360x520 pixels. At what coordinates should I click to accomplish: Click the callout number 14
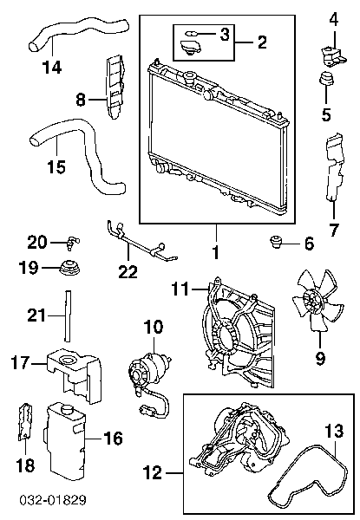click(52, 68)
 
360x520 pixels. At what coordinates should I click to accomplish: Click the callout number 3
click(225, 34)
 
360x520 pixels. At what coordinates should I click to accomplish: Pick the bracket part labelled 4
click(333, 56)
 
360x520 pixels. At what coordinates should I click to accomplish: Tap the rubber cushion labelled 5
click(326, 79)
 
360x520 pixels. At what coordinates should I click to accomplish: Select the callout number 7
click(333, 230)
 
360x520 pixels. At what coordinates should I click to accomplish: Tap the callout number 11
click(180, 289)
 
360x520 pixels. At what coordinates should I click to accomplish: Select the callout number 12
click(153, 472)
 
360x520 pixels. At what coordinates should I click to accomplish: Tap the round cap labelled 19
click(70, 267)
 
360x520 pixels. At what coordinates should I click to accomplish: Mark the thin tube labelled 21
click(68, 315)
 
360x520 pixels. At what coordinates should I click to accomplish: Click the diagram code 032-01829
click(54, 500)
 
